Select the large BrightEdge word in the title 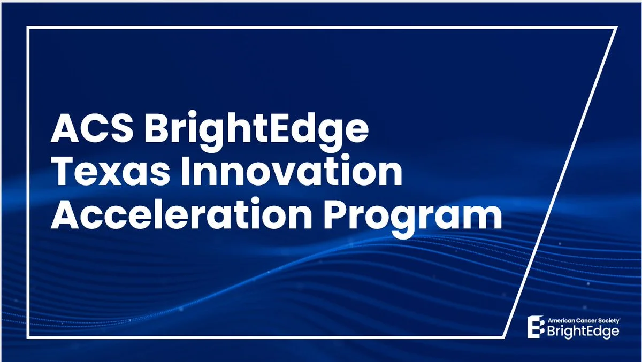pos(256,131)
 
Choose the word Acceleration pos(181,214)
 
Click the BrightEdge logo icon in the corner pos(536,327)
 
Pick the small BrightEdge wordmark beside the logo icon pos(583,332)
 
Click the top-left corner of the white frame pos(28,28)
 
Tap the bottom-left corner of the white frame pos(28,337)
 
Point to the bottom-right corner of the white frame pos(503,337)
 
